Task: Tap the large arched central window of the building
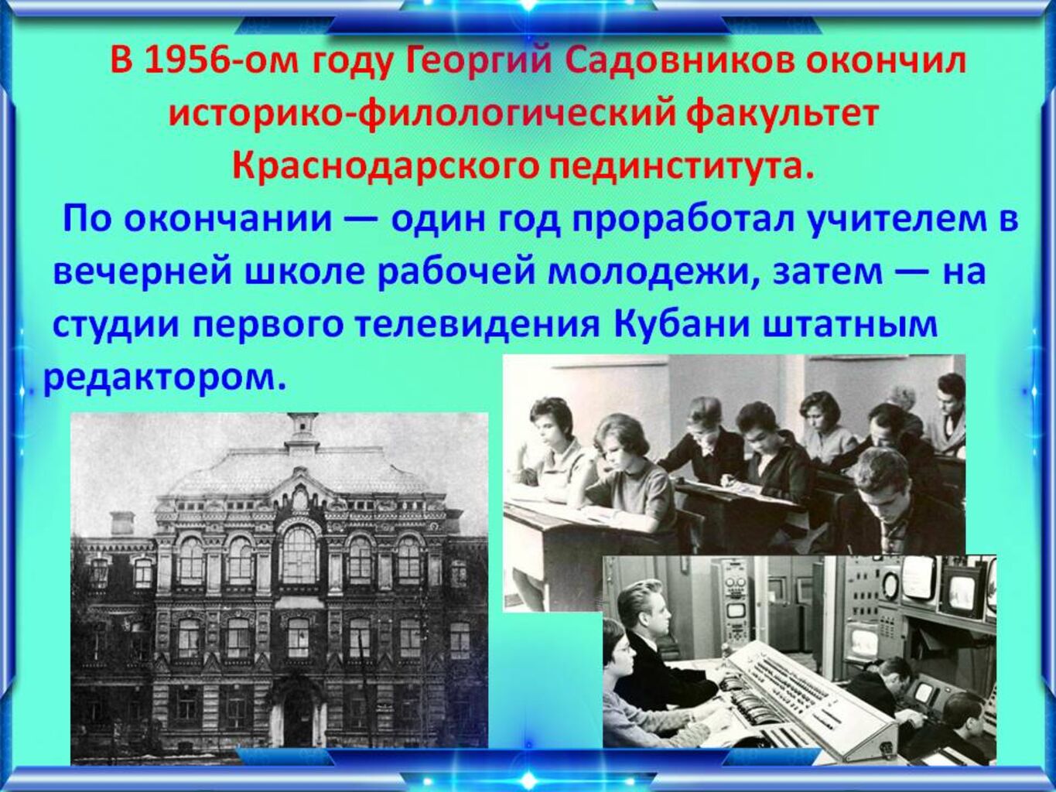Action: click(x=299, y=554)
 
